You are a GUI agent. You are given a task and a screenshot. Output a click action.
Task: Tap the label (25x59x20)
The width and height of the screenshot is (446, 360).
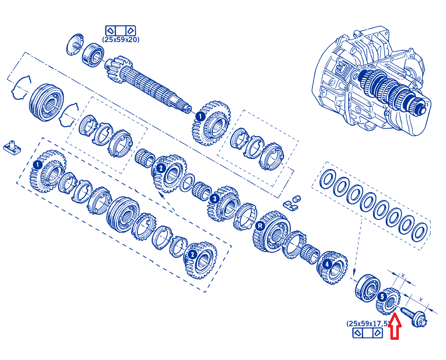click(121, 39)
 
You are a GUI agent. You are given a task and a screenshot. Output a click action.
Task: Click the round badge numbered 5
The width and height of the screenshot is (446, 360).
click(382, 297)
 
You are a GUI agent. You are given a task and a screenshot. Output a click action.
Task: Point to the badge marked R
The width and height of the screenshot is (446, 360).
click(260, 226)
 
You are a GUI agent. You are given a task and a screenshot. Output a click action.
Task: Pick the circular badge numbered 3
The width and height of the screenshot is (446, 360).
click(215, 198)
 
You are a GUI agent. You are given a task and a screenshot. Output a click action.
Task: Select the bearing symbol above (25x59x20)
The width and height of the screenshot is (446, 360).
click(120, 31)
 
